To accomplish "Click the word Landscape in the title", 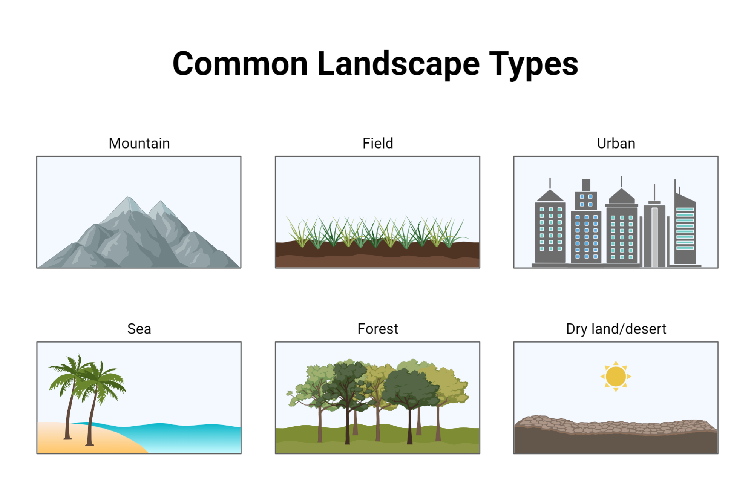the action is (x=398, y=64).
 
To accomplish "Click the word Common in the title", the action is (x=240, y=64).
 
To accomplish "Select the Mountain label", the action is (x=139, y=143).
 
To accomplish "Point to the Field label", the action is (x=378, y=143).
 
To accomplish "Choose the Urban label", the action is (x=616, y=143).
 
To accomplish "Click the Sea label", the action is (x=139, y=329).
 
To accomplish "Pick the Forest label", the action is (x=378, y=329).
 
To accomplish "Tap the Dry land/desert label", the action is (x=616, y=329).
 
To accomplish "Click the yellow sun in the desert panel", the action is (x=616, y=377).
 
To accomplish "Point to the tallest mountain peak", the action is (x=129, y=198).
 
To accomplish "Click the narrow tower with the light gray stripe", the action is (x=654, y=234).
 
